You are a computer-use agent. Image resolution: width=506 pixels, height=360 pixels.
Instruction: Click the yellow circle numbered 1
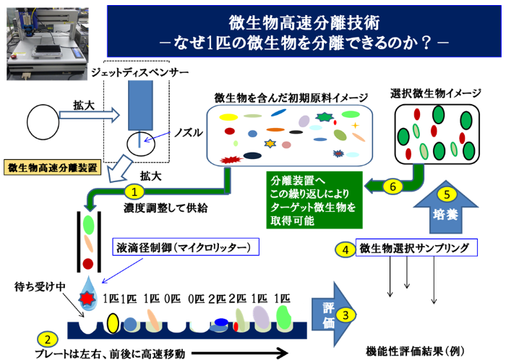click(134, 192)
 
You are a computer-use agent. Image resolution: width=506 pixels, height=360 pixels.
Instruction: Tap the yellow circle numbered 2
click(48, 340)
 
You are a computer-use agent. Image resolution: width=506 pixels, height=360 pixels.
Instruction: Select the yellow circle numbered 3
click(346, 315)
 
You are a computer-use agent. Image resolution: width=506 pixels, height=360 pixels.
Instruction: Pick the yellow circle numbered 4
click(345, 250)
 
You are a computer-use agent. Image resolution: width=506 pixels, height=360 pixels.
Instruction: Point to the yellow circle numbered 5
click(447, 194)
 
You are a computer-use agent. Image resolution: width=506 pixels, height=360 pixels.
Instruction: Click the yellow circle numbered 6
click(393, 187)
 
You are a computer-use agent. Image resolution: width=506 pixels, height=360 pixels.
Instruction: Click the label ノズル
click(188, 132)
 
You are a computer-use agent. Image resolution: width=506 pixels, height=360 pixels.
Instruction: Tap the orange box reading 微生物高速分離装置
click(52, 168)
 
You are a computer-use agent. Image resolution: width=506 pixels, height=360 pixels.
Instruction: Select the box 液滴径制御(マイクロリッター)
click(186, 247)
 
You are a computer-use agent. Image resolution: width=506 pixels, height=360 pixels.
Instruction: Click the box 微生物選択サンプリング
click(416, 248)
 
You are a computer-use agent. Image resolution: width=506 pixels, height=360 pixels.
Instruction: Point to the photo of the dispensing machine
click(48, 44)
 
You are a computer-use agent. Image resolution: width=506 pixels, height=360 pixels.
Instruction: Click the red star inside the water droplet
click(87, 299)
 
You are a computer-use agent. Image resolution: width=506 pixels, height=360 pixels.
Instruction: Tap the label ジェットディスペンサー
click(140, 72)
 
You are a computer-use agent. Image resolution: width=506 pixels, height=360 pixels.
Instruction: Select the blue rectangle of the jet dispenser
click(140, 106)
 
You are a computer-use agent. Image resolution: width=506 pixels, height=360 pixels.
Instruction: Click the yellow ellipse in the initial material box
click(228, 117)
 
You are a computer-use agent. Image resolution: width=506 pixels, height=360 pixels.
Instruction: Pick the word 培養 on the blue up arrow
click(446, 214)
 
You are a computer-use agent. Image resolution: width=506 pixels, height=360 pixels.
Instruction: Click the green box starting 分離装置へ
click(314, 200)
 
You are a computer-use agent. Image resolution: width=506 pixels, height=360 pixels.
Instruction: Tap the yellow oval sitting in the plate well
click(112, 323)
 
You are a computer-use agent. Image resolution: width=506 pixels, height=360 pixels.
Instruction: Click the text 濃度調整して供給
click(166, 207)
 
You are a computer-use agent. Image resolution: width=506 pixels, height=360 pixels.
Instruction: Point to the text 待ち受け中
click(40, 286)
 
